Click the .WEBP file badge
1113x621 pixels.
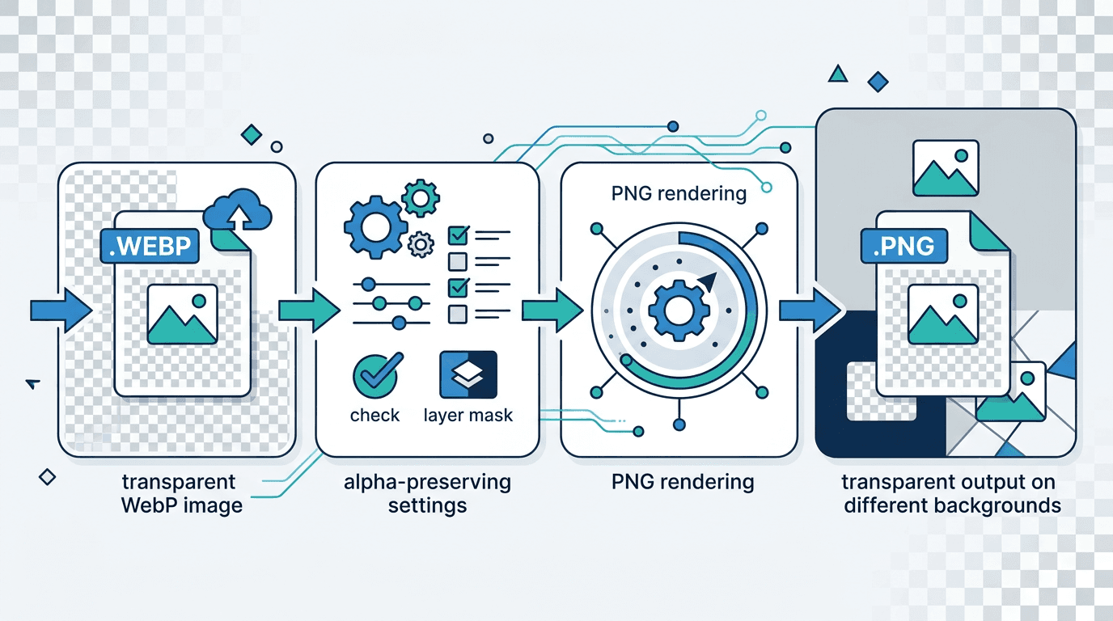(x=150, y=246)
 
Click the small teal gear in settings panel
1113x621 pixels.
(x=420, y=197)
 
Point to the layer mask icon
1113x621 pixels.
(x=468, y=375)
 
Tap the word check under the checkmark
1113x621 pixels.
(x=375, y=416)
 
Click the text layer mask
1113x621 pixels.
(x=468, y=416)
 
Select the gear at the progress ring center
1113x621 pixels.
(x=678, y=308)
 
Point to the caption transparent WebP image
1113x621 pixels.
(x=180, y=494)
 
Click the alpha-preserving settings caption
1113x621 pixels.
(x=427, y=494)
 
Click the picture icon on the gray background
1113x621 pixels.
(x=946, y=168)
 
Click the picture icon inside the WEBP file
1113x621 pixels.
(x=182, y=314)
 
